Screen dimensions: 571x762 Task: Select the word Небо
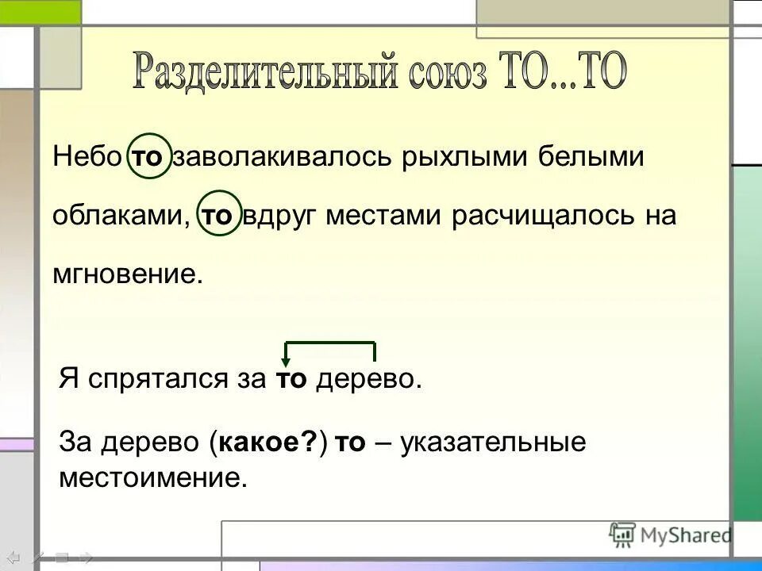tap(88, 156)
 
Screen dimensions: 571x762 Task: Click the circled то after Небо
tap(147, 157)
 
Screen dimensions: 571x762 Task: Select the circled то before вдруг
tap(220, 216)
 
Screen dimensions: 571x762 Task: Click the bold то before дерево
tap(291, 379)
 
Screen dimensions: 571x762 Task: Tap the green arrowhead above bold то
tap(286, 362)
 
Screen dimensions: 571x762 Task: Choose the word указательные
tap(493, 443)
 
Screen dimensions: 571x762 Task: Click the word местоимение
tap(148, 477)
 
